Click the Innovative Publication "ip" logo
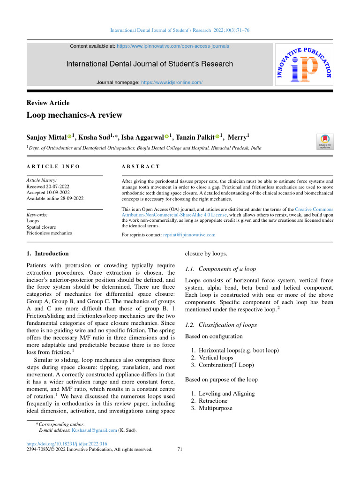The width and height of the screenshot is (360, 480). click(x=303, y=64)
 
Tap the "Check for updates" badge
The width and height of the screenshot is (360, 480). click(x=325, y=141)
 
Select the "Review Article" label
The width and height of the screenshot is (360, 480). click(x=48, y=103)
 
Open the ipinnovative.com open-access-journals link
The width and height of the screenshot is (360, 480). click(x=172, y=46)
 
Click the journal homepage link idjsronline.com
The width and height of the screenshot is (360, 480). click(x=172, y=82)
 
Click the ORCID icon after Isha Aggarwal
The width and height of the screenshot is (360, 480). click(x=166, y=137)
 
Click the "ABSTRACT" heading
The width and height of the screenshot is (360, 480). click(x=141, y=166)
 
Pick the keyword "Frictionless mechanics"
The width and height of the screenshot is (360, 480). click(x=49, y=232)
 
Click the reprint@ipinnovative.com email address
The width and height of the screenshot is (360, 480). click(x=188, y=234)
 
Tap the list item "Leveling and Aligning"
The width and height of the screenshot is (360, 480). click(x=226, y=394)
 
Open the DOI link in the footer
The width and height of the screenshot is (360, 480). click(x=67, y=443)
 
